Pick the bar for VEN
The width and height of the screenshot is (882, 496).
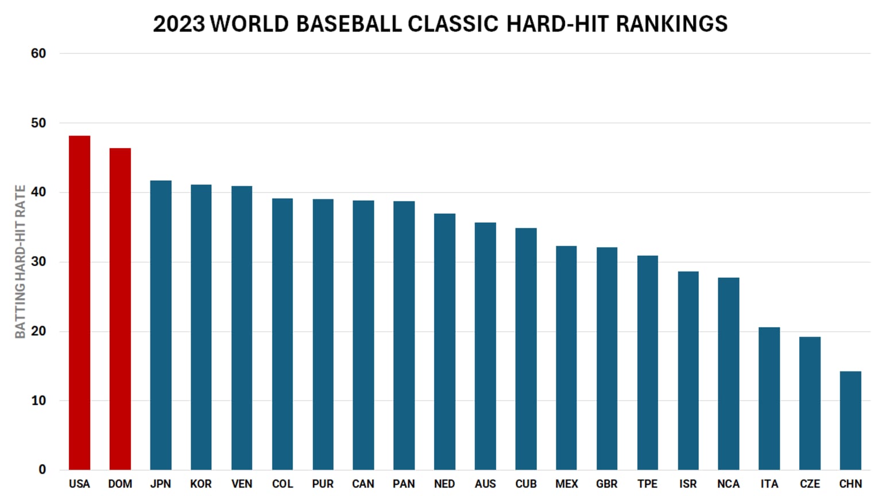click(x=242, y=328)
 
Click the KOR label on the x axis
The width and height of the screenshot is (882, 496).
click(x=201, y=484)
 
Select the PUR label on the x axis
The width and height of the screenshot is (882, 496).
click(x=323, y=484)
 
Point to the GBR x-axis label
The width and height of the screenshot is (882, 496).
click(x=607, y=484)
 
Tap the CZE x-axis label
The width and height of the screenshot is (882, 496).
click(x=810, y=484)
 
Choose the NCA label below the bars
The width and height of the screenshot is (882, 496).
click(x=728, y=484)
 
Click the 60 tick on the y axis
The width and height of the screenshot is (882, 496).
click(x=38, y=53)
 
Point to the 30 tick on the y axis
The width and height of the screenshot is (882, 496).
click(x=38, y=262)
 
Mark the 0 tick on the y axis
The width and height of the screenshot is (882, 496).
click(x=42, y=470)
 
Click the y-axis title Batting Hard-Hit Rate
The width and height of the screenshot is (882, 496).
click(x=20, y=262)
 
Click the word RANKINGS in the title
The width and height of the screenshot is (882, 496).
click(x=671, y=24)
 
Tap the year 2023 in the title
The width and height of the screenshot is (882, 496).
click(x=179, y=24)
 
